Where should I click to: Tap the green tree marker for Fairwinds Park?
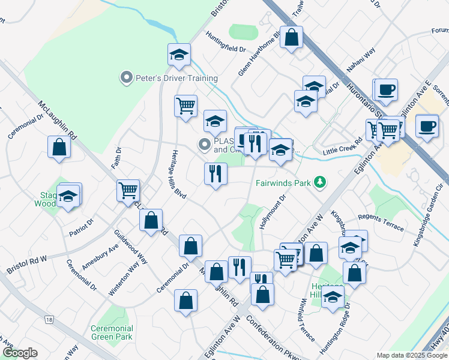pyautogui.click(x=321, y=181)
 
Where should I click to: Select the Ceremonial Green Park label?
pyautogui.click(x=112, y=332)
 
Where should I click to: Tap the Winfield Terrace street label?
pyautogui.click(x=306, y=324)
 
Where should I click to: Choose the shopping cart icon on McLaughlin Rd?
pyautogui.click(x=128, y=191)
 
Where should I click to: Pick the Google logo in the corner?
pyautogui.click(x=20, y=353)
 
